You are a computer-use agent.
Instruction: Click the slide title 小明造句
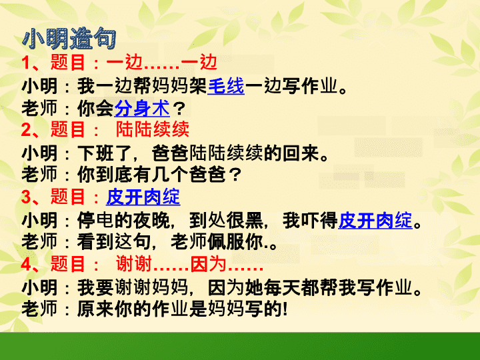click(x=69, y=39)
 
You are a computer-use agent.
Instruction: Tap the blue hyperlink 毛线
click(x=226, y=86)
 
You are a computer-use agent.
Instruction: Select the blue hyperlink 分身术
click(x=142, y=108)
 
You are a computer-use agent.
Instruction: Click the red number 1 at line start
click(x=25, y=63)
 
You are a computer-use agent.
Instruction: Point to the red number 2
click(x=26, y=130)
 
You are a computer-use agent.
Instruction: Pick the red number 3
click(x=26, y=197)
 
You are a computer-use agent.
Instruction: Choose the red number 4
click(x=26, y=264)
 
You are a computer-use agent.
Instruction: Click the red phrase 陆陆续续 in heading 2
click(x=153, y=129)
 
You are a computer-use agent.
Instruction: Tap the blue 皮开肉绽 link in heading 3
click(x=143, y=197)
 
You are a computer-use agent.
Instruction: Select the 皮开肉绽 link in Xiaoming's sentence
click(x=375, y=220)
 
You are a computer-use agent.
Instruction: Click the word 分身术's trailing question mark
click(x=179, y=109)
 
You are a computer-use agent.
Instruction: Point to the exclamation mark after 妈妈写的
click(x=285, y=309)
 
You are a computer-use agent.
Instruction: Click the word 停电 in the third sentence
click(x=95, y=220)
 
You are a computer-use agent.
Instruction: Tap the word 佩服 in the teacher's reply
click(x=226, y=242)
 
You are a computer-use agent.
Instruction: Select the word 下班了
click(x=105, y=153)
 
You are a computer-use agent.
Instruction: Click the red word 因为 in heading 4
click(x=208, y=264)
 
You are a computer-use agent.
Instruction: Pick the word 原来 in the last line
click(x=95, y=309)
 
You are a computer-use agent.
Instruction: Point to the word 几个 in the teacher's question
click(x=171, y=175)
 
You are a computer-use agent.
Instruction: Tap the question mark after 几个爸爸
click(x=235, y=175)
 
